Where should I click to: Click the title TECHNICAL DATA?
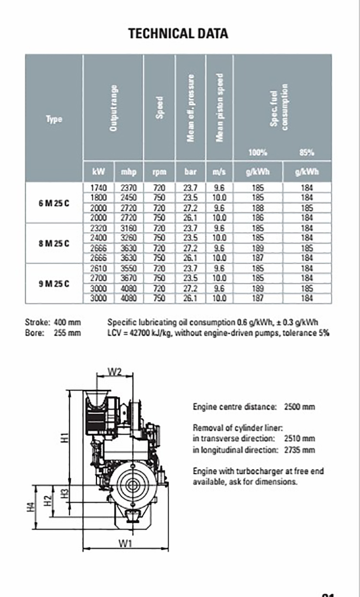click(178, 34)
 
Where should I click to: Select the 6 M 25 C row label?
click(54, 203)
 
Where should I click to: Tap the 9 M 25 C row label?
click(54, 284)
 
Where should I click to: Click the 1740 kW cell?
click(98, 188)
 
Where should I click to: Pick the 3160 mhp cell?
click(129, 228)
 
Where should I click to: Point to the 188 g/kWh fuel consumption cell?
click(258, 208)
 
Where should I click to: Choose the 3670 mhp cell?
click(129, 278)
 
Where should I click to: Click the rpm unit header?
click(159, 172)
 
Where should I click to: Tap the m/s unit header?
click(219, 172)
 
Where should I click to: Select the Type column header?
click(54, 119)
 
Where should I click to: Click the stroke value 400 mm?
click(67, 323)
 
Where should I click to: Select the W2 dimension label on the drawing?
click(115, 372)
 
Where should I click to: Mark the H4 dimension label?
click(30, 507)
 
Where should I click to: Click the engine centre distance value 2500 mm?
click(299, 407)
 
